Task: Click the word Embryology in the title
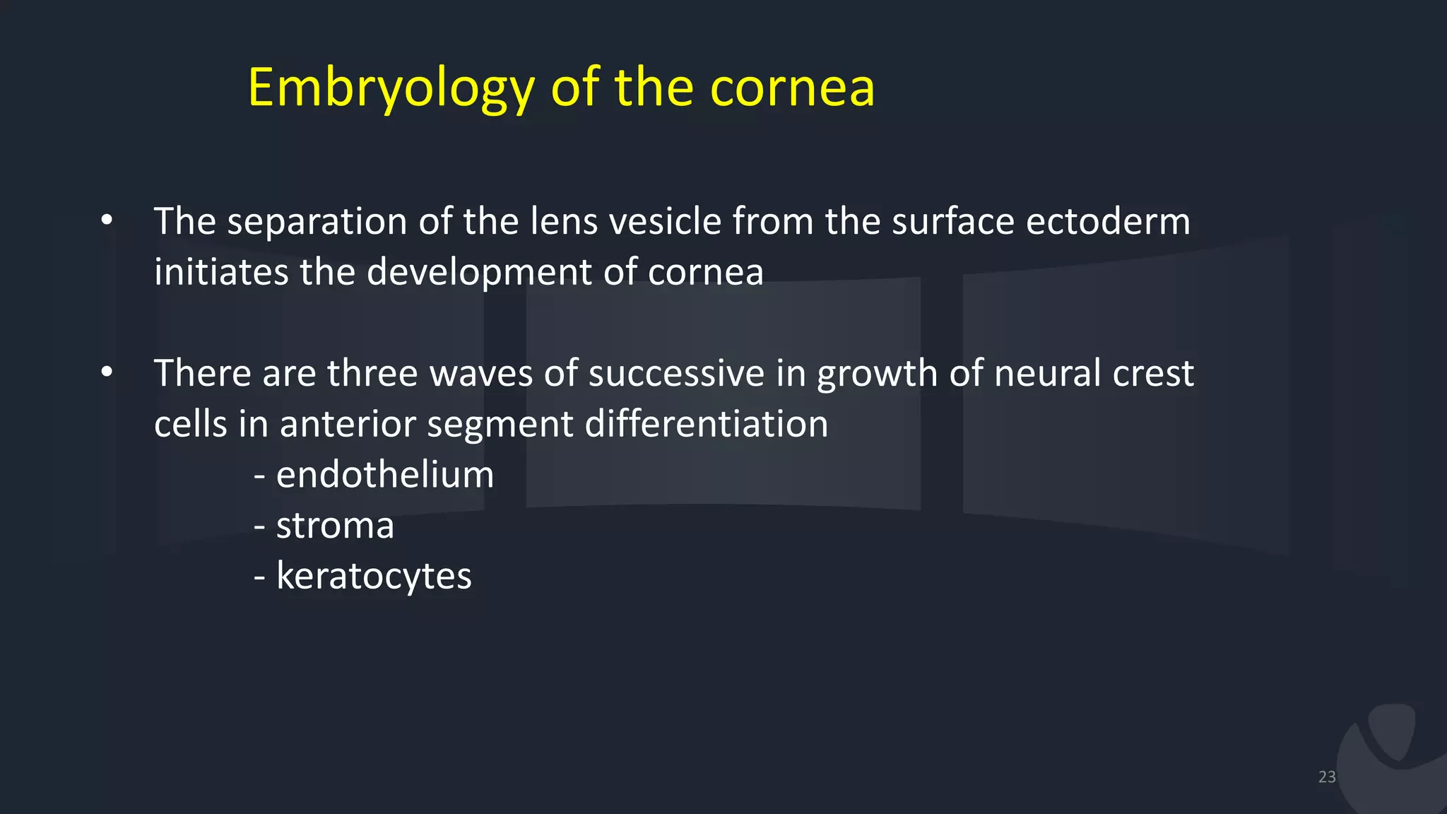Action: pos(391,88)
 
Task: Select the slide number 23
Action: pos(1327,777)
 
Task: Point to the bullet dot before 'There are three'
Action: pos(107,372)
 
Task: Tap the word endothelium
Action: pos(385,474)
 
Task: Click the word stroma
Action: pos(335,526)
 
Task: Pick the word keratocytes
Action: pos(374,577)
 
